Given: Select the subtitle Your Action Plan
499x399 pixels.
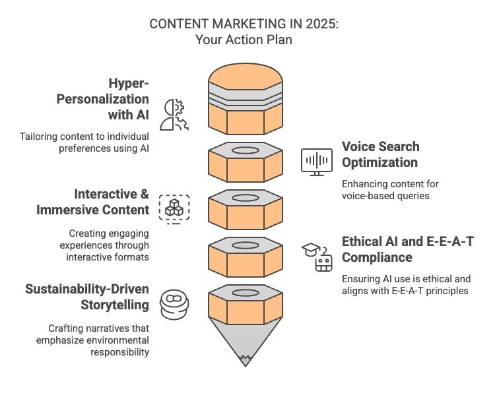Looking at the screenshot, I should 244,39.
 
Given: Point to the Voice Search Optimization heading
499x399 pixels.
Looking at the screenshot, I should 380,154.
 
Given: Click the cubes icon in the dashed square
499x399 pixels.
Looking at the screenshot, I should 174,208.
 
